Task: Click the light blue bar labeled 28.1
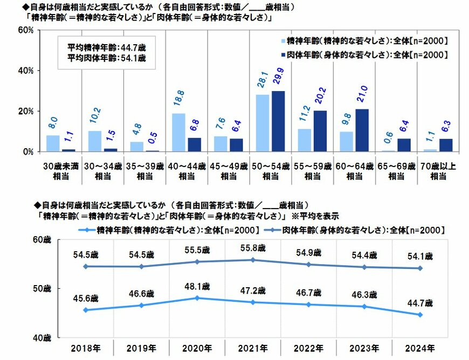pos(263,123)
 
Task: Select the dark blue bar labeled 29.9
pos(278,121)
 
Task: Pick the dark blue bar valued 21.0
pos(362,130)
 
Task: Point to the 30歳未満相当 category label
pos(60,171)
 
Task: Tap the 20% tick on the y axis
pos(27,111)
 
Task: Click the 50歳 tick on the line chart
pos(40,289)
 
